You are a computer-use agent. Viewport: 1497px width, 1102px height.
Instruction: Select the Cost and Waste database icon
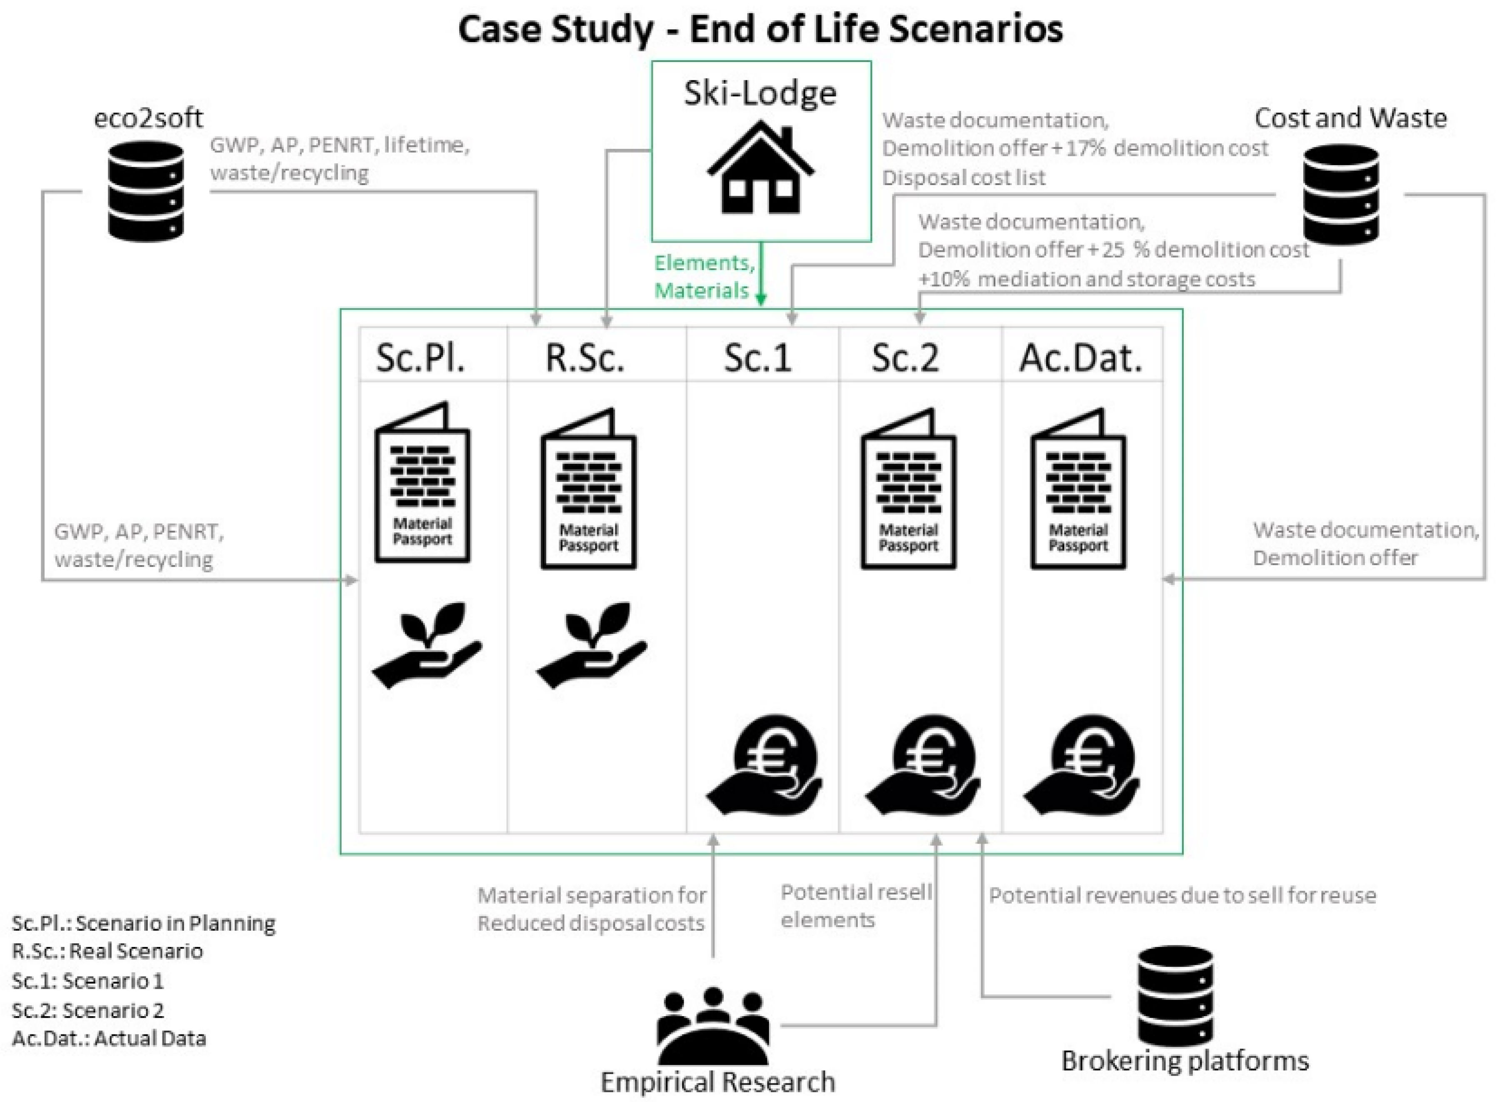[x=1340, y=194]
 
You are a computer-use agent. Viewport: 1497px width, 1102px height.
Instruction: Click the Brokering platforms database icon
[x=1175, y=995]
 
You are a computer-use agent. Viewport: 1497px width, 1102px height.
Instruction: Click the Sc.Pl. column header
[x=420, y=358]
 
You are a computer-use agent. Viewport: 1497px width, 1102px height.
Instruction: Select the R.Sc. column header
[x=585, y=358]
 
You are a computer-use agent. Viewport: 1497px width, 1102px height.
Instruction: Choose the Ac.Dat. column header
[x=1080, y=358]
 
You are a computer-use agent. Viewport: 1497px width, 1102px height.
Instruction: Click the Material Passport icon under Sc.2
[x=908, y=490]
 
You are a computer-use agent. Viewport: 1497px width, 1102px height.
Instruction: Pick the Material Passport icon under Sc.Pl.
[x=422, y=483]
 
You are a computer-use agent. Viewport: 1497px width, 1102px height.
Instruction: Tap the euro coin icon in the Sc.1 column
[x=764, y=765]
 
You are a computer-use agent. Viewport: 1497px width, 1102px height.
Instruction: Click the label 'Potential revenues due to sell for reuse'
[x=1182, y=895]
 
